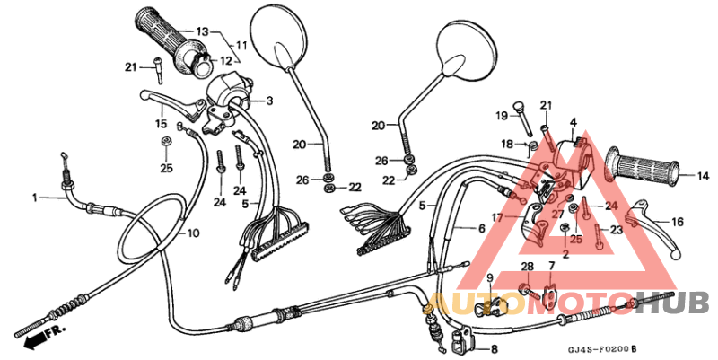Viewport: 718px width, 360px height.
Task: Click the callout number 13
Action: click(202, 31)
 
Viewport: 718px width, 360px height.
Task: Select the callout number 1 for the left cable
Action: click(35, 197)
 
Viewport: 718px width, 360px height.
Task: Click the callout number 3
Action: click(269, 101)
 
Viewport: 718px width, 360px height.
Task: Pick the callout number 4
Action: click(573, 121)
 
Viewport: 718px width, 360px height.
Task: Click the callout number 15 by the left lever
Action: click(162, 123)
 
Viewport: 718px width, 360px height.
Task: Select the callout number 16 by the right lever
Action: click(678, 221)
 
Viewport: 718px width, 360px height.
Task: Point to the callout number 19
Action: click(502, 116)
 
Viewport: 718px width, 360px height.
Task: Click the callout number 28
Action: click(527, 266)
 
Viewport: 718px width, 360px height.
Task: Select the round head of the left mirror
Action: click(281, 34)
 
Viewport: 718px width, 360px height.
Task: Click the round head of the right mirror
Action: click(468, 54)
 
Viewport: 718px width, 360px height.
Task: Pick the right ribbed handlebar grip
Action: click(644, 166)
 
